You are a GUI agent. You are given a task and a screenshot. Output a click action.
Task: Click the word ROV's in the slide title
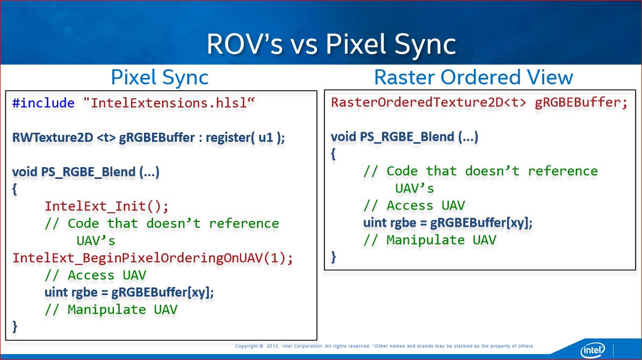[244, 44]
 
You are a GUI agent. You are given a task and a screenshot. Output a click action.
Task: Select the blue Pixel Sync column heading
[160, 77]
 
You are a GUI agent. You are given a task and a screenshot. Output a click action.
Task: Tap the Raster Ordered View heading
[473, 77]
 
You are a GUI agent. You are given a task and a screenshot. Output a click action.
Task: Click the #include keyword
[43, 103]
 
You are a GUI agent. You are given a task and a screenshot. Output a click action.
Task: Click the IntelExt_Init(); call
[107, 206]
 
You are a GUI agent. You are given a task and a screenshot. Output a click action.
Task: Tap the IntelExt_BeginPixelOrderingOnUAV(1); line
[153, 258]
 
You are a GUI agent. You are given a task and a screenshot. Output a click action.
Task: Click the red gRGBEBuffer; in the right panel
[581, 103]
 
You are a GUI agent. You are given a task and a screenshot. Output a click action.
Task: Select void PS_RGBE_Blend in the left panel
[86, 172]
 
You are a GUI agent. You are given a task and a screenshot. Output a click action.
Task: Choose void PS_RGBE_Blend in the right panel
[404, 137]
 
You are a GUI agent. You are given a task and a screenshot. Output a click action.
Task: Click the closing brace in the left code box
[15, 326]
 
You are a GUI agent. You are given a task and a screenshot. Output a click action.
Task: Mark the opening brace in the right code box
[334, 154]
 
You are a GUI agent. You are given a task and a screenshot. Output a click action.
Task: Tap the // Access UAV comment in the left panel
[95, 275]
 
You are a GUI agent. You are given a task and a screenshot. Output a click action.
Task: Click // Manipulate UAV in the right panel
[429, 240]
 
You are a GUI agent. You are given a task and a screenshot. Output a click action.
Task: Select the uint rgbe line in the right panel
[448, 223]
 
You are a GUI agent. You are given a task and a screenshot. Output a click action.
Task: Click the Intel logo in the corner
[592, 350]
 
